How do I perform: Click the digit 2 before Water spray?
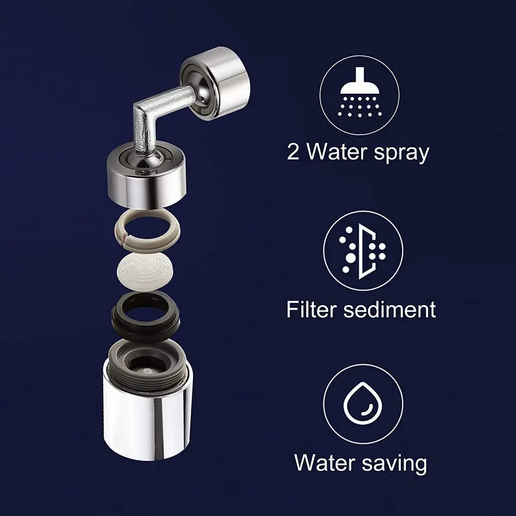pyautogui.click(x=293, y=153)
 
